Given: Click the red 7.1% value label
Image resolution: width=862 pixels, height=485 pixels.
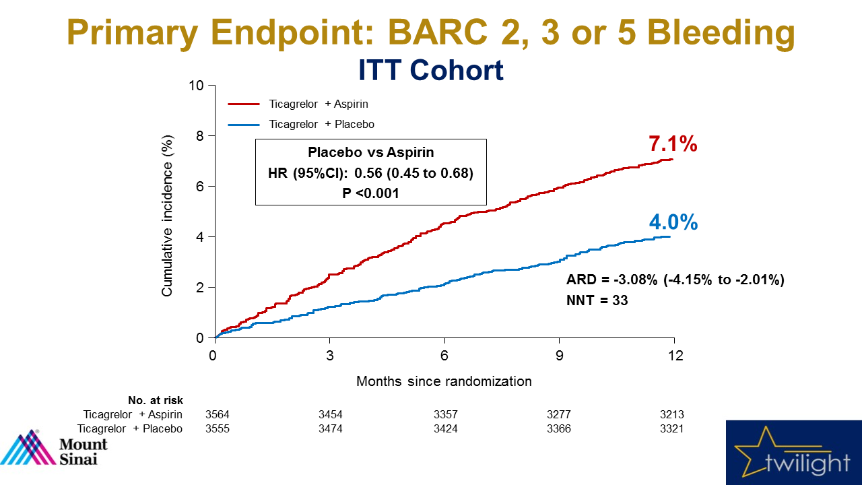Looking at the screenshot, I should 672,144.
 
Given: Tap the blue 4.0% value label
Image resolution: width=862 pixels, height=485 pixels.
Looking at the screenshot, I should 673,222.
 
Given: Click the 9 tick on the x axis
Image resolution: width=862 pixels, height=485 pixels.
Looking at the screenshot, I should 559,355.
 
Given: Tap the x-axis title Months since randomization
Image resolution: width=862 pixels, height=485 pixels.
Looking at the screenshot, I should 444,381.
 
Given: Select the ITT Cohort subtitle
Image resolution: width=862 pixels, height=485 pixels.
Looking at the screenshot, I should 430,70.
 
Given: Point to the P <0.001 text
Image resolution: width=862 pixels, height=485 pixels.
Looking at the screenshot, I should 370,193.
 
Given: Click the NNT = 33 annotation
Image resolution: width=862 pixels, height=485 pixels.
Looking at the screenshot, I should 597,300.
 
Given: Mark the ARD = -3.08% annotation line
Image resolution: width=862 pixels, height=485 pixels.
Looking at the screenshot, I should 675,280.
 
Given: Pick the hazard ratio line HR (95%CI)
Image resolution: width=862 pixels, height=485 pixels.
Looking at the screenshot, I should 370,173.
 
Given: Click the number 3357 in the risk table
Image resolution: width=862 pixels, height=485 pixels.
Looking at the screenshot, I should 444,415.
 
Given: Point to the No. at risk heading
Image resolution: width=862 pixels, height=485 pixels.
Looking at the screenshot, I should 156,400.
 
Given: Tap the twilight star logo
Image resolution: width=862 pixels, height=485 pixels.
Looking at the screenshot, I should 793,453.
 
